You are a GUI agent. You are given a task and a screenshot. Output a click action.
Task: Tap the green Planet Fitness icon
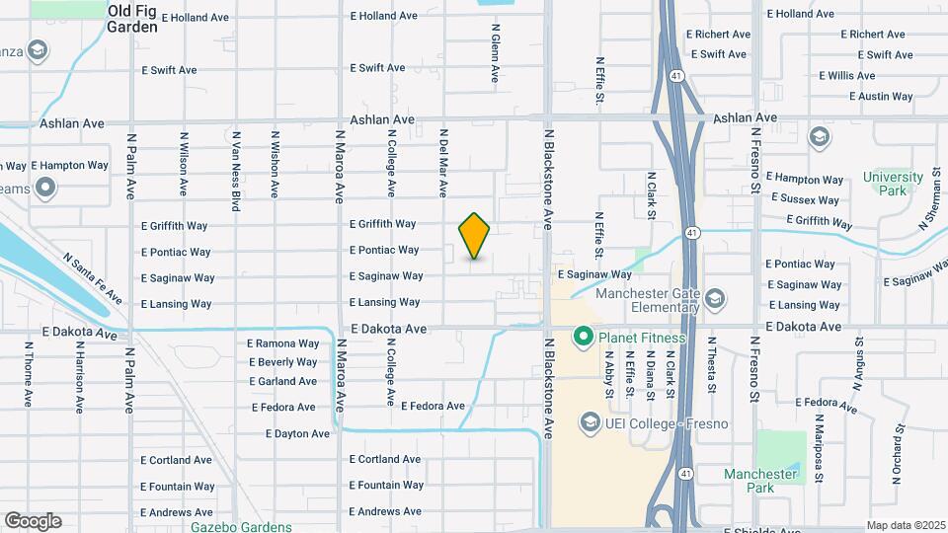[583, 339]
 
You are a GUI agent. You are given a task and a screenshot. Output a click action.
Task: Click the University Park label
[885, 184]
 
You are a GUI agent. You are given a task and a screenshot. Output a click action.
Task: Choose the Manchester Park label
[760, 481]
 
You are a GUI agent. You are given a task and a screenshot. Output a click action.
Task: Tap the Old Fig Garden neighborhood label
[132, 19]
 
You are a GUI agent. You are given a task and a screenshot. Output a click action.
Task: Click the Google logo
[33, 521]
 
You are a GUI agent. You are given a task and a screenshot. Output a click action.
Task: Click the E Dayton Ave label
[297, 433]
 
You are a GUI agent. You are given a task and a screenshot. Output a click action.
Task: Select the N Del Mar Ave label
[444, 161]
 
